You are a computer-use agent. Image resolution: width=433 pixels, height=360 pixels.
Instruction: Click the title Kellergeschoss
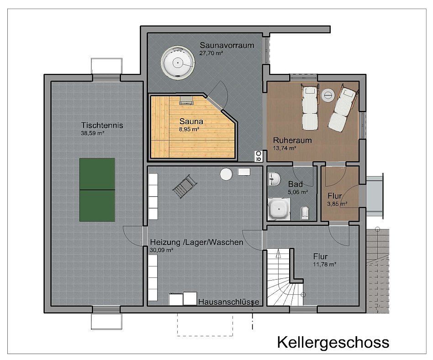pyautogui.click(x=333, y=342)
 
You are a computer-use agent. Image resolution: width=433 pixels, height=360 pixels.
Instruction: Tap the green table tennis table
pyautogui.click(x=97, y=189)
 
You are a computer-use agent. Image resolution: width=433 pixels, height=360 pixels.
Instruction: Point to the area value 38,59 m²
pyautogui.click(x=93, y=133)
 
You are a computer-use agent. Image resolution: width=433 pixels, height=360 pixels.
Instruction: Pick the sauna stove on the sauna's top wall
pyautogui.click(x=186, y=100)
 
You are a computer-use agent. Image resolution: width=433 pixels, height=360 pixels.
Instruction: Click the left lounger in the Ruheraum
pyautogui.click(x=309, y=107)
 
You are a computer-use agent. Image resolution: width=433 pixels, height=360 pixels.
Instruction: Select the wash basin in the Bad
pyautogui.click(x=274, y=179)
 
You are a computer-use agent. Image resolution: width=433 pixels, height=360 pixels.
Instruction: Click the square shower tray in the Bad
pyautogui.click(x=278, y=209)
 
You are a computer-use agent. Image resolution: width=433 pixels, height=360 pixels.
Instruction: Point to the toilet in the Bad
pyautogui.click(x=305, y=213)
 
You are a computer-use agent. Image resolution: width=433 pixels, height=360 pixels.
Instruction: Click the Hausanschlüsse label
pyautogui.click(x=229, y=302)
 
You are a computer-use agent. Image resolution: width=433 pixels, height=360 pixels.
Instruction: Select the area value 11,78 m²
pyautogui.click(x=325, y=264)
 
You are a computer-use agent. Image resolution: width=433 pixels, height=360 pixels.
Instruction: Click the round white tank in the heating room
pyautogui.click(x=226, y=174)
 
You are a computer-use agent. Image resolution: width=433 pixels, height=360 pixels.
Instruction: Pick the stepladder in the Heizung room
pyautogui.click(x=184, y=187)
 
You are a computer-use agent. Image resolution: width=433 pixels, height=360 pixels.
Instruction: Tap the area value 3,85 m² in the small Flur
pyautogui.click(x=337, y=204)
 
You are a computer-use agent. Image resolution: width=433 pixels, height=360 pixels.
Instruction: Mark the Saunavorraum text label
pyautogui.click(x=227, y=45)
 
